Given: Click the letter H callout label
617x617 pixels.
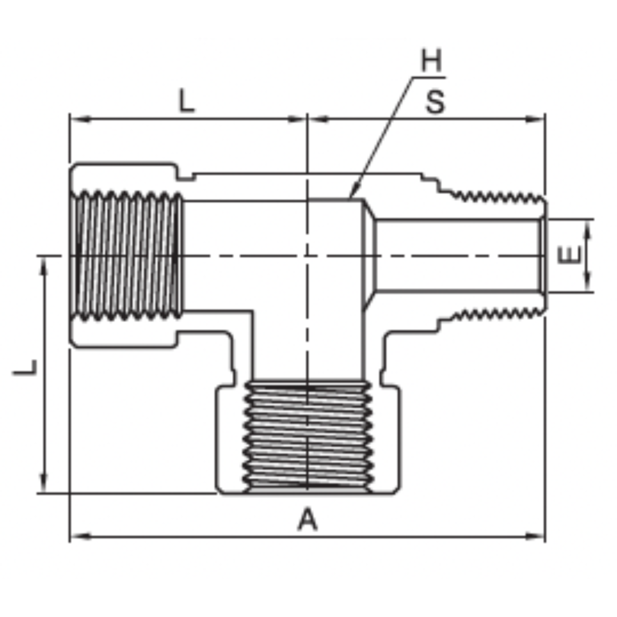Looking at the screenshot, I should pyautogui.click(x=432, y=61).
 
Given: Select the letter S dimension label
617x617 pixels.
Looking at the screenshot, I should pyautogui.click(x=435, y=103).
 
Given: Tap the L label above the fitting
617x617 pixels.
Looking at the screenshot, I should pyautogui.click(x=186, y=102).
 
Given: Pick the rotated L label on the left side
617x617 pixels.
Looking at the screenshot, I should pyautogui.click(x=26, y=367).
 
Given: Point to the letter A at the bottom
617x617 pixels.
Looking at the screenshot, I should pyautogui.click(x=307, y=520).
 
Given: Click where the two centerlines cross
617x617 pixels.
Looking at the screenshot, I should pyautogui.click(x=307, y=255).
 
